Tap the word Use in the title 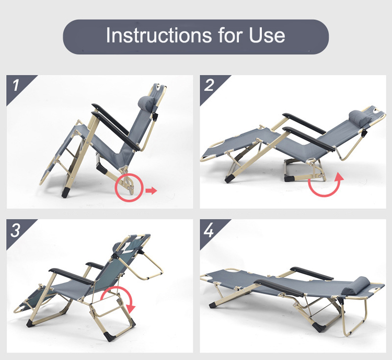tap(267, 35)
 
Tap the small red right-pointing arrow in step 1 tap(151, 191)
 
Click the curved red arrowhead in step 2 tap(340, 176)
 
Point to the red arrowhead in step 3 tap(131, 308)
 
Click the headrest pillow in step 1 tap(146, 103)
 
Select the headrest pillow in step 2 tap(359, 117)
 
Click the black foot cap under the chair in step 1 tap(66, 193)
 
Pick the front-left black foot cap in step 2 tap(229, 178)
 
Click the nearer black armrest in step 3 tap(71, 276)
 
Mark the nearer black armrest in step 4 tap(278, 288)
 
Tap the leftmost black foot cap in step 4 tap(213, 305)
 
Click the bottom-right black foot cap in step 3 tap(109, 337)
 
